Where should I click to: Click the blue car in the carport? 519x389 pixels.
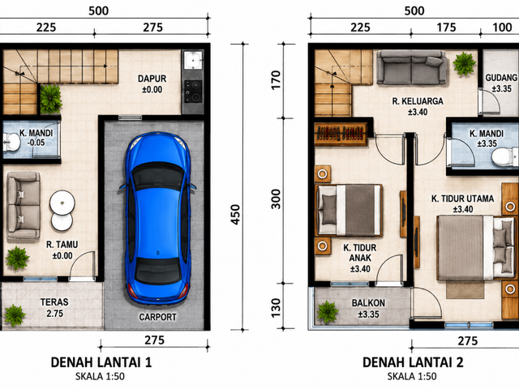[x=158, y=218]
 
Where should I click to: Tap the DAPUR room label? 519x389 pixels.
[x=152, y=79]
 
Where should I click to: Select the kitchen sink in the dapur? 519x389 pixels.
[x=193, y=60]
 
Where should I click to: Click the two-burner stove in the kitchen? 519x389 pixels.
[x=193, y=92]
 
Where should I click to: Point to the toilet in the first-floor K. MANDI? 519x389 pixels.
[x=11, y=142]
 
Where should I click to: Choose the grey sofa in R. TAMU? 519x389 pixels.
[x=24, y=205]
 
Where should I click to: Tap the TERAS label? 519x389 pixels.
[x=54, y=302]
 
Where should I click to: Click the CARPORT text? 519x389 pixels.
[x=157, y=317]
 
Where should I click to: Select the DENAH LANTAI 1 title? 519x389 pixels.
[x=101, y=362]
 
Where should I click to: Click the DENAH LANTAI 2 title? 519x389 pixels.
[x=413, y=362]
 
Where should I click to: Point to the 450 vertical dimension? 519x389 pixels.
[x=235, y=215]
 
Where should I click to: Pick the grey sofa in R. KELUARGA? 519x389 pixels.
[x=412, y=67]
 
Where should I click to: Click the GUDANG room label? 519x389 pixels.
[x=501, y=78]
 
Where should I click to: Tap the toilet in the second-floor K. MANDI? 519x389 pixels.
[x=504, y=156]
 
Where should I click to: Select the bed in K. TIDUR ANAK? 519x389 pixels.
[x=349, y=211]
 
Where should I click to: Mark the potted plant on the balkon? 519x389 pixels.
[x=328, y=311]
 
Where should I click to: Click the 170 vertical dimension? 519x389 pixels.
[x=276, y=80]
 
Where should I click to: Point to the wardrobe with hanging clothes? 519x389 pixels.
[x=341, y=134]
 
